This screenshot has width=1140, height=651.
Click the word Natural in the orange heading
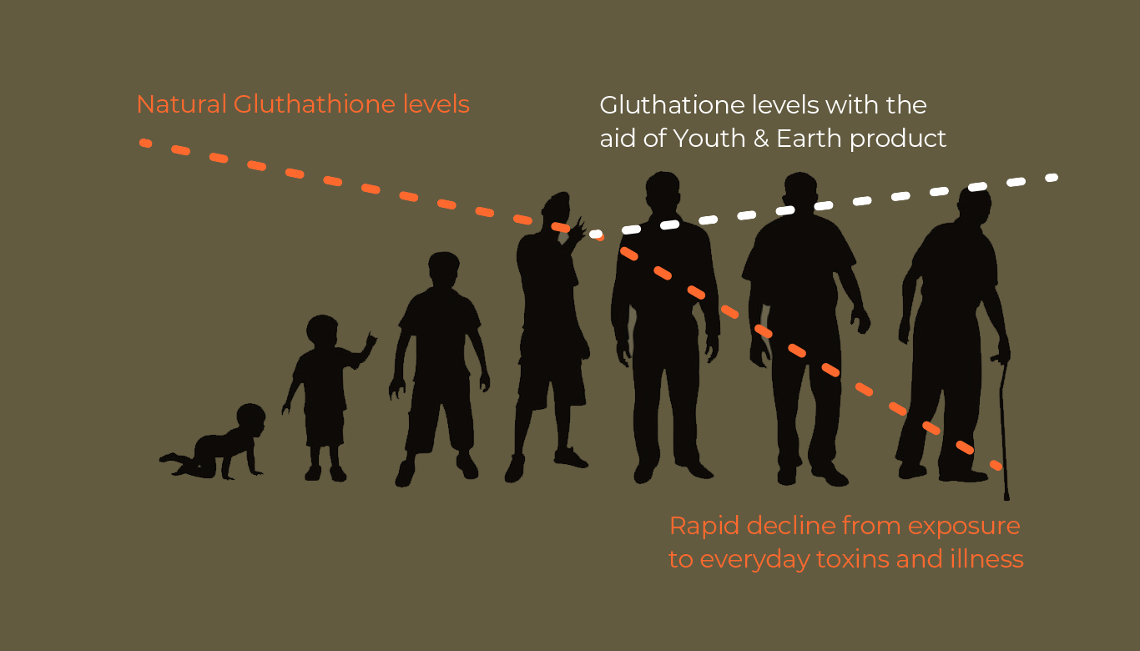tap(182, 104)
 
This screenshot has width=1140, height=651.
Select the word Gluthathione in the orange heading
tap(315, 104)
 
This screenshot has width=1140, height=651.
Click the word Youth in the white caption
tap(709, 139)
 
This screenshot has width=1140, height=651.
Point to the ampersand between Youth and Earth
tap(761, 139)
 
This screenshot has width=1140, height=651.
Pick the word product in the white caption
tap(898, 139)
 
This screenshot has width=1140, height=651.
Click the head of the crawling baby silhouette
tap(251, 421)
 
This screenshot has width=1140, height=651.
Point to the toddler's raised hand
tap(370, 342)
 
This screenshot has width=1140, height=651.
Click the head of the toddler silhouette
tap(322, 331)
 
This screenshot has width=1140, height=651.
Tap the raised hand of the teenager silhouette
tap(578, 231)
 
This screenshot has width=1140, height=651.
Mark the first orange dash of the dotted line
tap(145, 143)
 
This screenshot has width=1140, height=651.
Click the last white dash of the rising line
tap(1052, 178)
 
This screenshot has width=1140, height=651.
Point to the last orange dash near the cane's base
tap(996, 465)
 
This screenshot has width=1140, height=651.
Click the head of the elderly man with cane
tap(975, 204)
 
